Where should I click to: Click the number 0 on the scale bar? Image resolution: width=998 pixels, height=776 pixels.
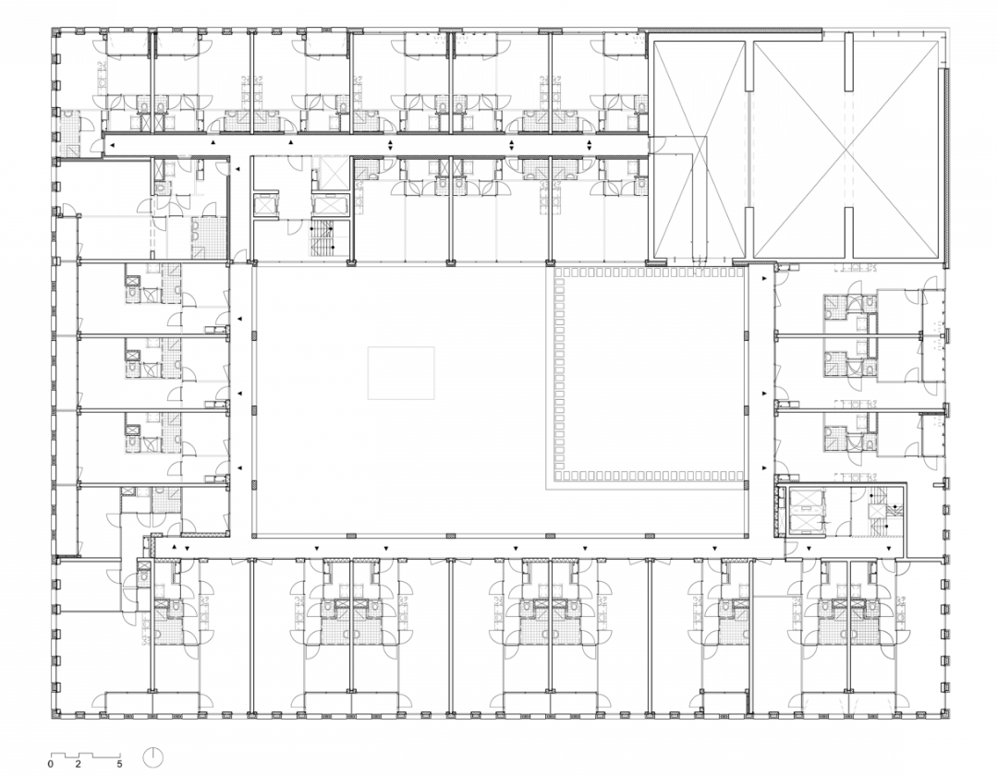[x=51, y=763]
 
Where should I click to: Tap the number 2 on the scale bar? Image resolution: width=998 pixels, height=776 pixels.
[x=79, y=763]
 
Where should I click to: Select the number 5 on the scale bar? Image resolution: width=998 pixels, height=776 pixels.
[x=119, y=763]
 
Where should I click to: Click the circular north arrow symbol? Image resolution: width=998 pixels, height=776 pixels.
[x=153, y=757]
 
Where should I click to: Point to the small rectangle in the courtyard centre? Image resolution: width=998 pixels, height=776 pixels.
[x=401, y=372]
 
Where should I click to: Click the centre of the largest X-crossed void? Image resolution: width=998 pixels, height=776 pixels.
[x=846, y=150]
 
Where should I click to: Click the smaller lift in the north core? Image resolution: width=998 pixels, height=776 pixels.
[x=266, y=206]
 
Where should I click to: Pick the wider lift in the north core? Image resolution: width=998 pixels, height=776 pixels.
[x=330, y=206]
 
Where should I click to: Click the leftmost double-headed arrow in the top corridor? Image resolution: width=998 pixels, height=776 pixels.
[x=391, y=145]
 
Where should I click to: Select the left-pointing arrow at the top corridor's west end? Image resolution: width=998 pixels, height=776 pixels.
[x=112, y=146]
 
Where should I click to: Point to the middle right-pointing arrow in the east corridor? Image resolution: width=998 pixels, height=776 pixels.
[x=764, y=394]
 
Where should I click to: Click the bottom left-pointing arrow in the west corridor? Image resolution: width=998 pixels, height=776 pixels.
[x=240, y=468]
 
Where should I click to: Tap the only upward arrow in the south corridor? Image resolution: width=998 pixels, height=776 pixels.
[x=175, y=546]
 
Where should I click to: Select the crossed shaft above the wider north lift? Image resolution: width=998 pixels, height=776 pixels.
[x=330, y=172]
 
